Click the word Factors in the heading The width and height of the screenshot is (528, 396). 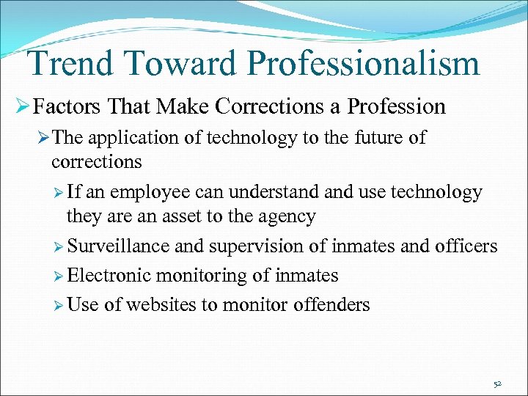coord(68,107)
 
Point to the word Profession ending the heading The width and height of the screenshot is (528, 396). coord(396,107)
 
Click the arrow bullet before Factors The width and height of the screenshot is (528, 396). coord(21,107)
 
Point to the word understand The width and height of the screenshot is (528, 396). coord(268,193)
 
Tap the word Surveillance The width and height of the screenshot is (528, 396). coord(119,246)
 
